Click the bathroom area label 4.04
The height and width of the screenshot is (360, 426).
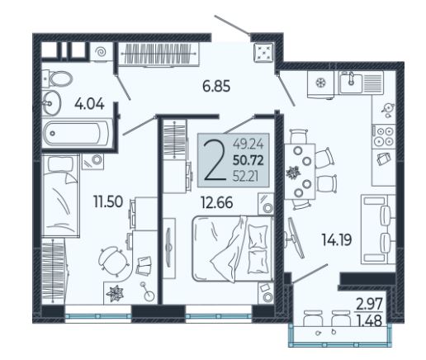point(89,105)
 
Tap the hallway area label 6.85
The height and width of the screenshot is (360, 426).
point(216,87)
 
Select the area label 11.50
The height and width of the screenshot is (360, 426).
point(108,201)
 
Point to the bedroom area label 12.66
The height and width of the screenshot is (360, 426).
point(217,203)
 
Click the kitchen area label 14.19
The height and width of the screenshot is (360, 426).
point(337,239)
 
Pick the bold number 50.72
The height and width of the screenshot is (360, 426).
point(248,160)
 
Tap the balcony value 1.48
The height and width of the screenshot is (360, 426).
point(370,320)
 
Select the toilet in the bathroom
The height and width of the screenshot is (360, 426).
point(59,78)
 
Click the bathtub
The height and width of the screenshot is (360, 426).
point(77,134)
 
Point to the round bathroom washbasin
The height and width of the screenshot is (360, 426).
point(51,102)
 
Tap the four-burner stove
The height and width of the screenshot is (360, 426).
point(384,136)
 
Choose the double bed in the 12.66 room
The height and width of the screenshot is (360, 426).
point(233,249)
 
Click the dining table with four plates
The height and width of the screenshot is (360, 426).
point(300,171)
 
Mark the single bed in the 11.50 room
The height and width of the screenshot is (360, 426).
point(60,196)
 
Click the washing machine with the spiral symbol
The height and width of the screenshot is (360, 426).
point(100,51)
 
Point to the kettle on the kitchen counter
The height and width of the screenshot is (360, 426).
point(388,110)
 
